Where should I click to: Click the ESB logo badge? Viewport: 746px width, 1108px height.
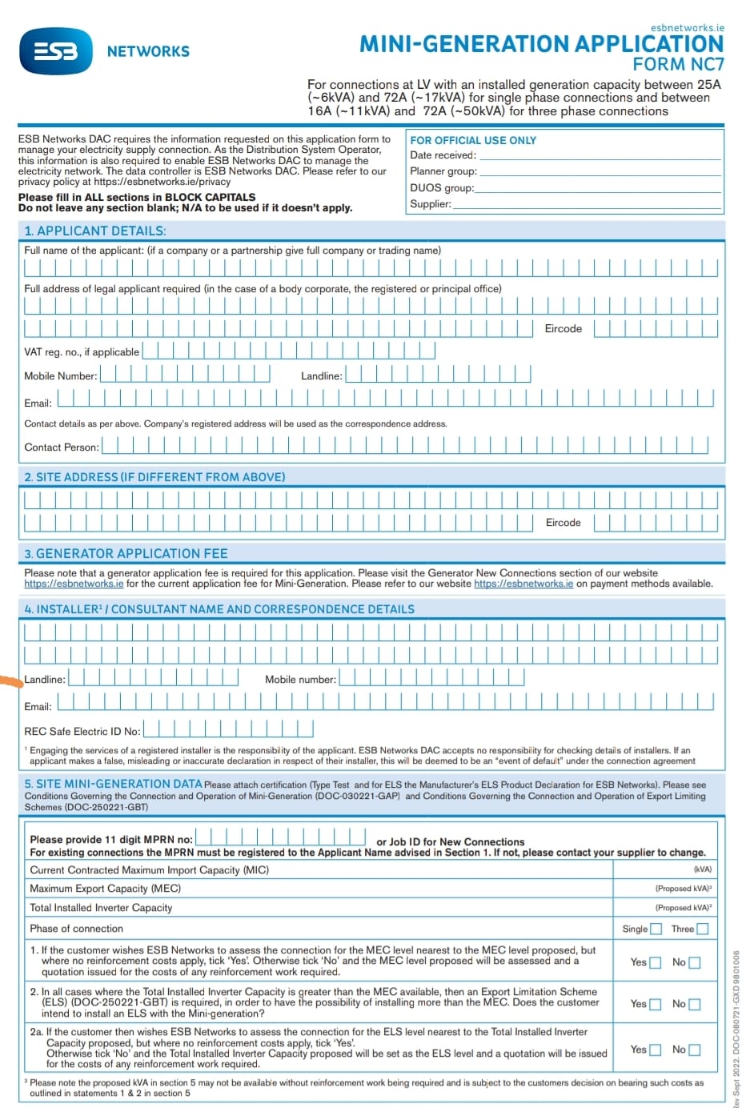(56, 50)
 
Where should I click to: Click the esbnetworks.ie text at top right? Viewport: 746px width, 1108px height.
(687, 27)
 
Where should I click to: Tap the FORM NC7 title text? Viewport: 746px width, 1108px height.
(678, 65)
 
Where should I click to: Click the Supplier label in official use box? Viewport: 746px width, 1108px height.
(431, 204)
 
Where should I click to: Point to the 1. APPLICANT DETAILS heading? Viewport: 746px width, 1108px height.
(95, 231)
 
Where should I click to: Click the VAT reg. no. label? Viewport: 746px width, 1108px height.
(82, 351)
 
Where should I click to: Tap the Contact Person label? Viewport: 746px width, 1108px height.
(62, 448)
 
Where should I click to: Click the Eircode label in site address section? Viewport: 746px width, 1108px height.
(563, 523)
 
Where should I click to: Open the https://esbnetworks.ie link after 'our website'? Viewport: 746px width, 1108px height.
(523, 584)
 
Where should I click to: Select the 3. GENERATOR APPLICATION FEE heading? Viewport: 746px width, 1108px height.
(126, 553)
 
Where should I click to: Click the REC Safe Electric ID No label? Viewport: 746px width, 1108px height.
(82, 731)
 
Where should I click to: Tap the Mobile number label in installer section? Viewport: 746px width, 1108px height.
(300, 680)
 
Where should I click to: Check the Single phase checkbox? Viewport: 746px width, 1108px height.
(656, 929)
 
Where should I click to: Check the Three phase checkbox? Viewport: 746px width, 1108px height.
(703, 929)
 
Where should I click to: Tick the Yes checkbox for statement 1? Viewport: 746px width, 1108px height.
(655, 963)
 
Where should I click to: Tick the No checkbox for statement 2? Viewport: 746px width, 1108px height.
(695, 1004)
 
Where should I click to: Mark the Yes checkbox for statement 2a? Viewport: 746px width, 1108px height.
(655, 1050)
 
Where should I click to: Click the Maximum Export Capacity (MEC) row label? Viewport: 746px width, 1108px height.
(105, 889)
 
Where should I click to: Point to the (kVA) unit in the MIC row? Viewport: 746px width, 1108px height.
(702, 869)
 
